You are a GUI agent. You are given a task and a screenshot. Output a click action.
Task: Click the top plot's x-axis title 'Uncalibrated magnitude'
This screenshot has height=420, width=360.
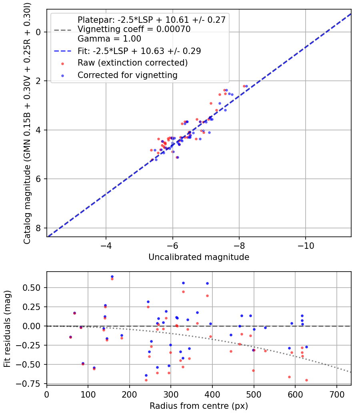click(x=199, y=257)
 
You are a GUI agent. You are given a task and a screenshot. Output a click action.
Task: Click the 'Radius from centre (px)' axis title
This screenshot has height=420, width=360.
click(x=199, y=406)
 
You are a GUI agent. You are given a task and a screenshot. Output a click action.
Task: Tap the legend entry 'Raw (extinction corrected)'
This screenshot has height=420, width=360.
click(x=132, y=63)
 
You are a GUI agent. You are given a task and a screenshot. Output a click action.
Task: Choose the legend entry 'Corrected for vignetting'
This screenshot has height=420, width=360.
click(x=127, y=75)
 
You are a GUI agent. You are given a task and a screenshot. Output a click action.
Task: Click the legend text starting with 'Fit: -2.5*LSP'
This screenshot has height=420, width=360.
click(x=139, y=51)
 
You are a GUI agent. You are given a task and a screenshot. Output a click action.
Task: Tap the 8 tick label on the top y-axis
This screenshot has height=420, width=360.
click(x=38, y=228)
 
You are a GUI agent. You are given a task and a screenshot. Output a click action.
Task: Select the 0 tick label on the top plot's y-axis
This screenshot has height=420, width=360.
click(x=38, y=32)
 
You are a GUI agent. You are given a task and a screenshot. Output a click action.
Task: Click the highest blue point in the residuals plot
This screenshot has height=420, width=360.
click(x=112, y=276)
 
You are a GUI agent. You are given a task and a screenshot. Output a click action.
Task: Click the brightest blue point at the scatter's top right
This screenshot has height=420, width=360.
click(x=246, y=86)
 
